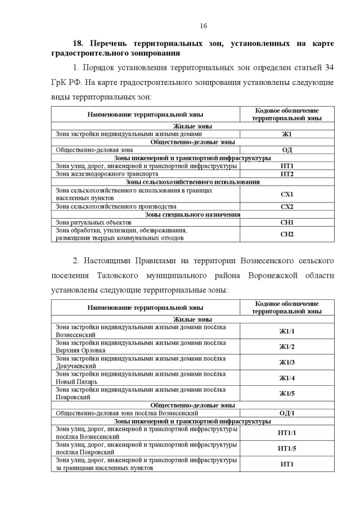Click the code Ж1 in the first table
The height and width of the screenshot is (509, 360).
click(287, 134)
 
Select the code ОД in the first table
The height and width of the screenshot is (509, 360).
click(287, 150)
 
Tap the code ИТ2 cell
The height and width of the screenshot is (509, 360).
click(287, 174)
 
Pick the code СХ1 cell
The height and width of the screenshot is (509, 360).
click(287, 195)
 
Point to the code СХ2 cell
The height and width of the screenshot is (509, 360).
click(287, 206)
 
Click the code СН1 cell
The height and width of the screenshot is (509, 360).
click(287, 223)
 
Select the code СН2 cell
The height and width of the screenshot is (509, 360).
click(287, 234)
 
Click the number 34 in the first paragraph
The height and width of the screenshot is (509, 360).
click(328, 68)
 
